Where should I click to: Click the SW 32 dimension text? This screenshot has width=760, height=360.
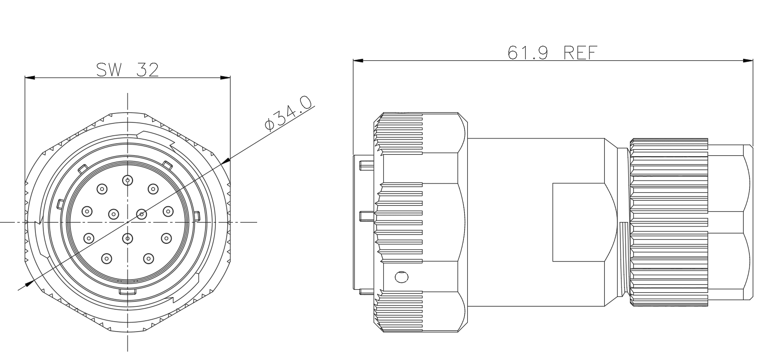128,70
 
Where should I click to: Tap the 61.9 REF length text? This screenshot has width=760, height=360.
552,52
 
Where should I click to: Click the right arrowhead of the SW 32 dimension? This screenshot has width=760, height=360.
225,78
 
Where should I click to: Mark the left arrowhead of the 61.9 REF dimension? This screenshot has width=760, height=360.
358,61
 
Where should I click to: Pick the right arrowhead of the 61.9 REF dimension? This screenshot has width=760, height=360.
748,61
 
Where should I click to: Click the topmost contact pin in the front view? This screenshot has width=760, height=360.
128,180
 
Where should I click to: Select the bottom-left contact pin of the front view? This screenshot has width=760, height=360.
107,259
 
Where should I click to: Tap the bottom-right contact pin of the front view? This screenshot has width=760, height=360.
148,259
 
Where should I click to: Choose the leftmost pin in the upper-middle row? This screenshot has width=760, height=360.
87,212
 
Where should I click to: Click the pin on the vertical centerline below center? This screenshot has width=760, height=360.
128,238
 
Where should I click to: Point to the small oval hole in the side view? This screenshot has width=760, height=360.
402,277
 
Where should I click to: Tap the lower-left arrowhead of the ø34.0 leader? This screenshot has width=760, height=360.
29,283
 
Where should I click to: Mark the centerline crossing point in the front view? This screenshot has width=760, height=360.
128,222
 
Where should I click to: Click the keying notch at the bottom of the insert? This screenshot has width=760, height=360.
128,292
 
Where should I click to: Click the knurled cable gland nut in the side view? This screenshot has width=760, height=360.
669,222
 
